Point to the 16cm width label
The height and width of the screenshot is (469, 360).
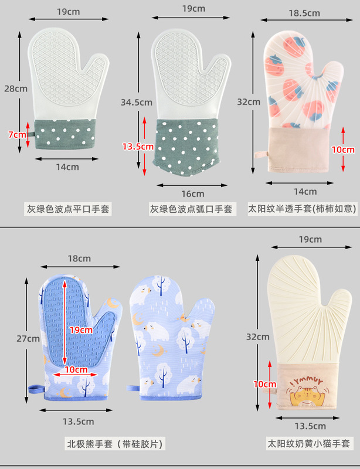[x=192, y=193]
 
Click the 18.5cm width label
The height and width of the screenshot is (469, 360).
[x=304, y=13]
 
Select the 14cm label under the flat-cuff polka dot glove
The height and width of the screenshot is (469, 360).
[x=67, y=166]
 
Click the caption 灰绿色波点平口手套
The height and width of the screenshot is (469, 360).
[x=68, y=209]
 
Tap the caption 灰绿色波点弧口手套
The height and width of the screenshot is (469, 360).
[x=191, y=209]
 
